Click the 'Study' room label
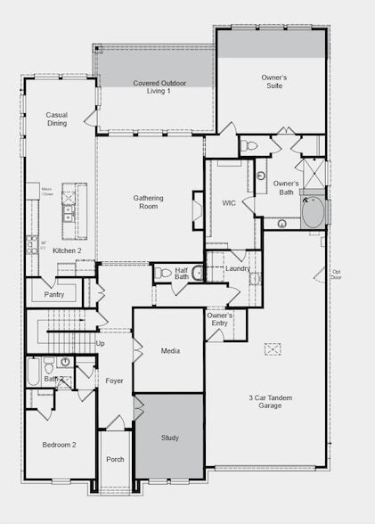click(169, 438)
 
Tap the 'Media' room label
click(169, 350)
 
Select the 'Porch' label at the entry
click(115, 459)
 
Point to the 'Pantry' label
click(53, 293)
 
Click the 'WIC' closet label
click(228, 203)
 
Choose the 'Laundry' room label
click(237, 268)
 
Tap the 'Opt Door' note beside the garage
click(337, 274)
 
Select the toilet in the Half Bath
click(163, 274)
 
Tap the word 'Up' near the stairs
click(100, 343)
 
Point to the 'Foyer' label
click(114, 381)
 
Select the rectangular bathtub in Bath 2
click(33, 370)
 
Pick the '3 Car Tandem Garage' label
click(265, 401)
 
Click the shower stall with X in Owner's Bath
click(314, 170)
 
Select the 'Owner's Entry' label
click(220, 320)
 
